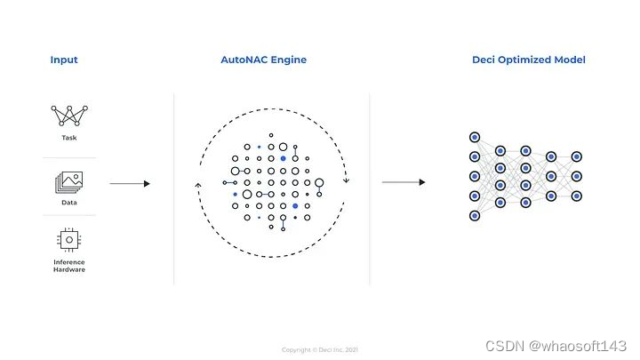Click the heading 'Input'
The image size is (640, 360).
(x=64, y=60)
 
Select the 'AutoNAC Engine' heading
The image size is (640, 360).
(x=263, y=60)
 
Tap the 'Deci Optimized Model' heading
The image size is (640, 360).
(x=528, y=60)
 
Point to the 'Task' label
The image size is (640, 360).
(x=69, y=138)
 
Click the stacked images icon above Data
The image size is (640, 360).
(x=69, y=182)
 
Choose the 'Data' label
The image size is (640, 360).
(x=69, y=202)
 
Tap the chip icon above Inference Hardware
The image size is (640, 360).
(x=69, y=238)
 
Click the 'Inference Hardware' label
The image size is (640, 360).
(x=69, y=265)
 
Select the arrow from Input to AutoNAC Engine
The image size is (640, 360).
(x=129, y=184)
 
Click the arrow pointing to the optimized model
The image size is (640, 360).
(x=403, y=183)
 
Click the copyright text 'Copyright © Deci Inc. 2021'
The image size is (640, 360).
(x=320, y=349)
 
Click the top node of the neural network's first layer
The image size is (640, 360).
(x=474, y=138)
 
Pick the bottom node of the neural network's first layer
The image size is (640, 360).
(x=474, y=215)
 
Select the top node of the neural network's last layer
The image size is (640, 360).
(x=577, y=156)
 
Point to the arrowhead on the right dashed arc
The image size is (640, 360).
(x=346, y=180)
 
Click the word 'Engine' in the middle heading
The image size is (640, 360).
(x=288, y=60)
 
